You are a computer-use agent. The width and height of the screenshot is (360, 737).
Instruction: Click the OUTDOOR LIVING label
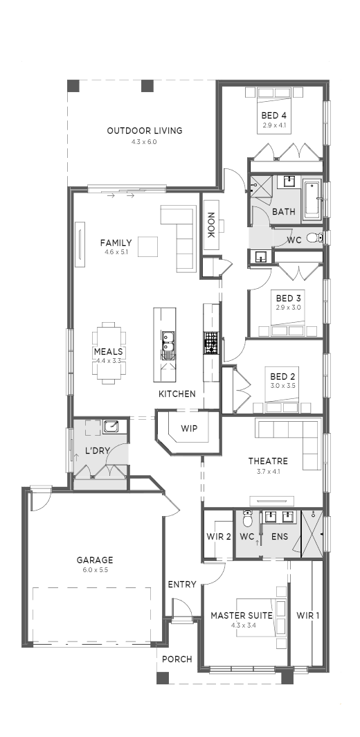(144, 131)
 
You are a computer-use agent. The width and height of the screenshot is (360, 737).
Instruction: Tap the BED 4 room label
(274, 115)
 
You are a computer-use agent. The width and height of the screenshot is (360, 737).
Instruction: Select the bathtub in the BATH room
(312, 199)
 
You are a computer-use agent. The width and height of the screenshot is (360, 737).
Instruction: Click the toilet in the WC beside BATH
(314, 238)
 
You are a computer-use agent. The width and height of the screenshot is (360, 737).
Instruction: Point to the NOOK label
(211, 225)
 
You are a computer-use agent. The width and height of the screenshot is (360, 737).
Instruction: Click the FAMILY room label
(116, 243)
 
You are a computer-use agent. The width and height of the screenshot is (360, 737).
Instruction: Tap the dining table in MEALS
(109, 353)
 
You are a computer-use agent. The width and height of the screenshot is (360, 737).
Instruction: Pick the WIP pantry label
(189, 429)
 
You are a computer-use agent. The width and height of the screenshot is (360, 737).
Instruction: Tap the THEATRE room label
(268, 461)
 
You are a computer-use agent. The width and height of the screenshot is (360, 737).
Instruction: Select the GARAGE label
(95, 560)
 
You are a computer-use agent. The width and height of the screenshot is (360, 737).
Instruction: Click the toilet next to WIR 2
(247, 520)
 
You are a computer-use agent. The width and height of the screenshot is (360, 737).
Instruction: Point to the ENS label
(280, 536)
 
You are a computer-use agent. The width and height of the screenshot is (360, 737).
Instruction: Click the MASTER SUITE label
(242, 615)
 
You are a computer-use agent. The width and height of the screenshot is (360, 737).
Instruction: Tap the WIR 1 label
(308, 615)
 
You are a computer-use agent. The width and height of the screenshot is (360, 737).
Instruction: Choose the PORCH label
(177, 659)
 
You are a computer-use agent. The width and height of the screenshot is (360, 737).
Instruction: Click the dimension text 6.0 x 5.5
(95, 570)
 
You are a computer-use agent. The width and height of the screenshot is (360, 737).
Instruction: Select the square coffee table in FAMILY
(147, 247)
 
